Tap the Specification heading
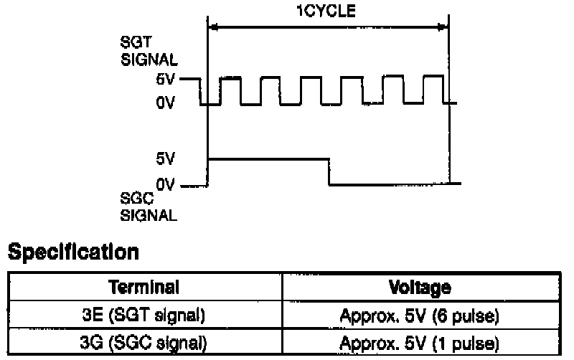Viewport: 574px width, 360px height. [x=72, y=252]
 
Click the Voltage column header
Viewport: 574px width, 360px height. [x=420, y=288]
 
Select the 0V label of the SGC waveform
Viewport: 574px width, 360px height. [x=166, y=184]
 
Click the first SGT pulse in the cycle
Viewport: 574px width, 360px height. [x=230, y=89]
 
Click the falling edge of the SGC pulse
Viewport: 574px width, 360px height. [x=329, y=171]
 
